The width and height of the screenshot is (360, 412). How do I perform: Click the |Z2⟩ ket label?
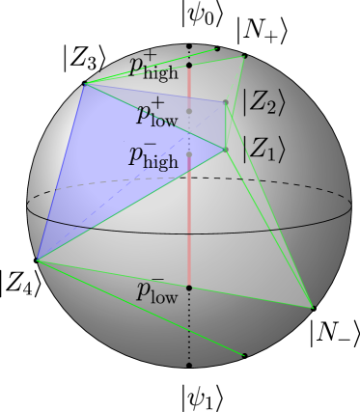coord(263,102)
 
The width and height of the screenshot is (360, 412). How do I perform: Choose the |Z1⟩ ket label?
coord(263,150)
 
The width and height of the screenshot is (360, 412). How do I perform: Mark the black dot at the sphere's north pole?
coord(189,46)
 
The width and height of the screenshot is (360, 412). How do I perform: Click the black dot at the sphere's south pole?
coord(189,365)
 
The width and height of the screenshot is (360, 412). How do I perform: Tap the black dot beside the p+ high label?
coord(189,66)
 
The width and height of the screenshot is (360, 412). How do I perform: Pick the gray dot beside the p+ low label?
coord(189,111)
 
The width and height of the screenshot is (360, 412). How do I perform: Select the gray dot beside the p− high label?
coord(189,154)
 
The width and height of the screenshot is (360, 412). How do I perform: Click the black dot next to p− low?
coord(189,288)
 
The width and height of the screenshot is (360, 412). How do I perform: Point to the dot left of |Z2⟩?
coord(226,102)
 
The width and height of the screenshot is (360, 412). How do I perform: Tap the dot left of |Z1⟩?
coord(226,150)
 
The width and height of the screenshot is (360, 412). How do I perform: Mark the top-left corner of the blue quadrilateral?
coord(84,85)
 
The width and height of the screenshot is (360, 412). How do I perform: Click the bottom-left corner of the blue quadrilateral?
coord(37,260)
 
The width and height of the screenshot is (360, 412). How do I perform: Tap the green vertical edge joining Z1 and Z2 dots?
coord(226,126)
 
